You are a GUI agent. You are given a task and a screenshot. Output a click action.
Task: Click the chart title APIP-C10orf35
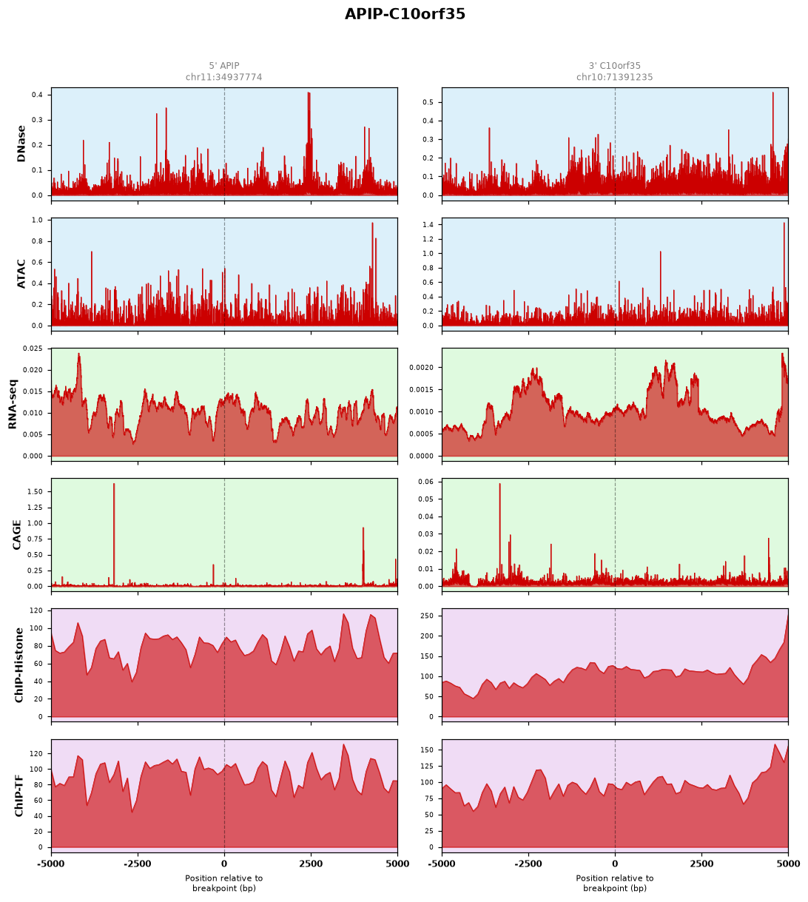pyautogui.click(x=405, y=14)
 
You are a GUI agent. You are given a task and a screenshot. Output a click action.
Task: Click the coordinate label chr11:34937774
pyautogui.click(x=224, y=77)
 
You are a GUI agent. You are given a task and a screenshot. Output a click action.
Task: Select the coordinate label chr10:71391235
pyautogui.click(x=614, y=77)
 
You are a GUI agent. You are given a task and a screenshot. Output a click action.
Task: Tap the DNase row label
pyautogui.click(x=21, y=144)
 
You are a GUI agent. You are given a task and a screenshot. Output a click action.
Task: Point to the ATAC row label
pyautogui.click(x=21, y=274)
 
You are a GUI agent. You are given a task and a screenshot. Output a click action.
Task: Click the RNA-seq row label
pyautogui.click(x=13, y=404)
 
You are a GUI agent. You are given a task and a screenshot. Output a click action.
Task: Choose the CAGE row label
pyautogui.click(x=16, y=534)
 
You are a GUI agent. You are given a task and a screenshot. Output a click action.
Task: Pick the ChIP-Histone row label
pyautogui.click(x=18, y=664)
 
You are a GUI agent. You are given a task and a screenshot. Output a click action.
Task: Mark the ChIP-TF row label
pyautogui.click(x=18, y=795)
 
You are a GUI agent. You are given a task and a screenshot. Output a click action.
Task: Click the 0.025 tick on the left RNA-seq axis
pyautogui.click(x=33, y=349)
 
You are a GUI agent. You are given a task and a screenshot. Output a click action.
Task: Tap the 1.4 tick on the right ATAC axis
pyautogui.click(x=428, y=225)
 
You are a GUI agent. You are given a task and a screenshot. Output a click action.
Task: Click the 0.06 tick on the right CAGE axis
pyautogui.click(x=425, y=482)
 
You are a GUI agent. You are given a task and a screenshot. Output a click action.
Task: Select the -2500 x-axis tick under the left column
pyautogui.click(x=138, y=864)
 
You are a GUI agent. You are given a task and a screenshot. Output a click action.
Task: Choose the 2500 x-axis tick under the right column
pyautogui.click(x=701, y=864)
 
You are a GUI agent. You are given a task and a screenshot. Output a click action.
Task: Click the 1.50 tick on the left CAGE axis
pyautogui.click(x=35, y=492)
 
